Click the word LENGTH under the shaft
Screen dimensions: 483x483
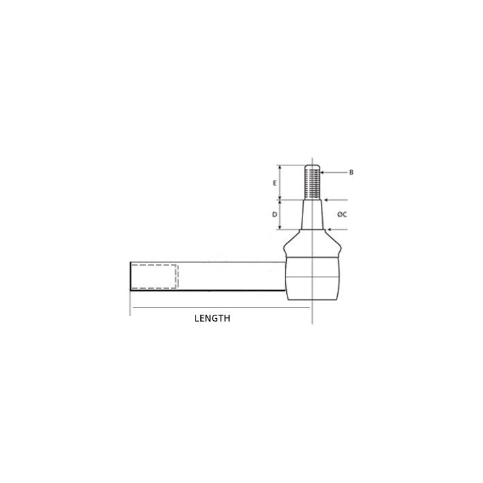click(x=212, y=318)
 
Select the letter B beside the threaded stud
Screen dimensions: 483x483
click(x=351, y=172)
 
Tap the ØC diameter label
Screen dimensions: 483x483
click(x=342, y=215)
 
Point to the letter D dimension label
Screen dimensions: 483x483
click(x=274, y=215)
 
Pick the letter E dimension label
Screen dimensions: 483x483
click(x=274, y=183)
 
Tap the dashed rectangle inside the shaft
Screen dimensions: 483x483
click(x=155, y=276)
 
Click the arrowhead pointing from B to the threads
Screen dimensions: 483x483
click(x=323, y=172)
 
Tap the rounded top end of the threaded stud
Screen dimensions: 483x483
click(x=311, y=167)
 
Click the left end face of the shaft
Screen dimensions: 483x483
click(x=130, y=277)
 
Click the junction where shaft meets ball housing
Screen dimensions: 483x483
click(x=285, y=277)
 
